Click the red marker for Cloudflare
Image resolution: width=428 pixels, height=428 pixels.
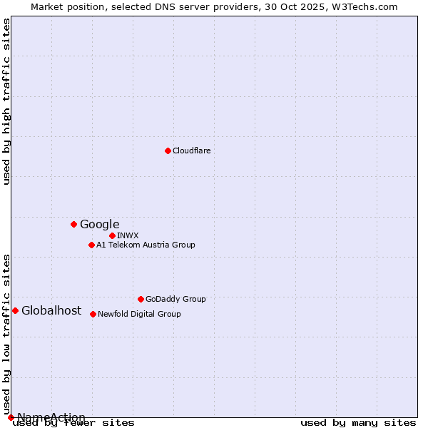pos(168,151)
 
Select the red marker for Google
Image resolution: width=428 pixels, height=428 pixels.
pos(73,224)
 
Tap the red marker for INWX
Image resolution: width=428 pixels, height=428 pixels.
pos(112,235)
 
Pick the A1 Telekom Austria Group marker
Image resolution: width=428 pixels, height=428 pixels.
pos(91,245)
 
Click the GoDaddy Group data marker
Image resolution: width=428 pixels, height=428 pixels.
pos(141,299)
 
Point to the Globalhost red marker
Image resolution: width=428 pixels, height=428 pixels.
pos(15,310)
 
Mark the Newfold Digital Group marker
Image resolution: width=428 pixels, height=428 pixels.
pos(93,314)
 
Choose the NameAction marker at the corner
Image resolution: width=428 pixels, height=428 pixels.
pos(11,417)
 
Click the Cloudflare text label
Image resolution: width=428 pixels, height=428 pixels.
pos(191,151)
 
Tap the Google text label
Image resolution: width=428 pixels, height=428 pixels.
pos(99,224)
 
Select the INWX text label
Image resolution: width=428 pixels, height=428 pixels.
pos(128,235)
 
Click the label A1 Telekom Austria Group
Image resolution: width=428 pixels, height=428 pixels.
pos(146,245)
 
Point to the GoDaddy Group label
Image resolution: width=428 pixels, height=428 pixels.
pos(175,299)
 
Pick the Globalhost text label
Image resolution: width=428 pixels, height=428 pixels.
pos(51,310)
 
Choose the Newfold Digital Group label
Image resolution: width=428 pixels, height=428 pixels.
pos(139,314)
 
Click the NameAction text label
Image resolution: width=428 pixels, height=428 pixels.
pos(51,417)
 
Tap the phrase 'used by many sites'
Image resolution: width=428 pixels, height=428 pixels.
pos(358,423)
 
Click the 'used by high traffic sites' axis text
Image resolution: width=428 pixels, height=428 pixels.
pos(6,101)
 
